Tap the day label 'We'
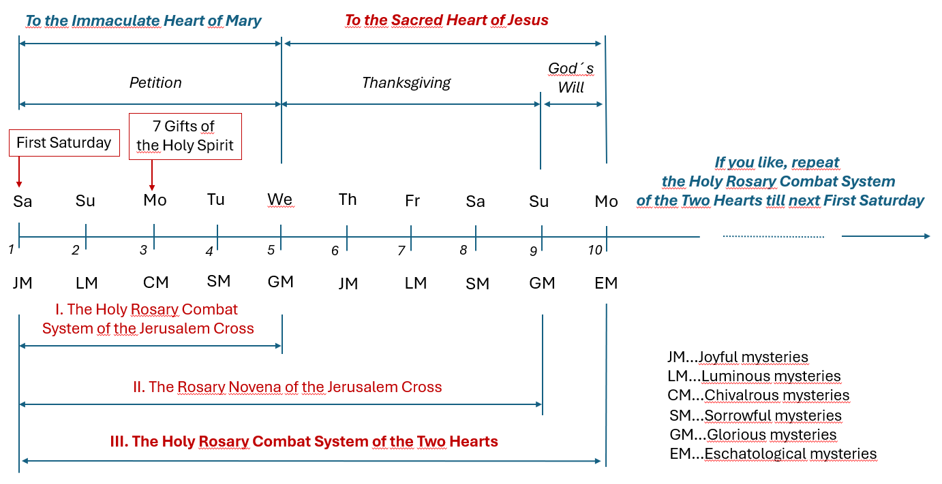(x=280, y=199)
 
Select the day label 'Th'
(x=348, y=199)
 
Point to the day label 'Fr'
(x=412, y=201)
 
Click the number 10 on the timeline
(x=595, y=251)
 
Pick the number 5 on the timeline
(x=271, y=251)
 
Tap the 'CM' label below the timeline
(x=155, y=283)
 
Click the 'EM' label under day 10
(x=606, y=283)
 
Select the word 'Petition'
(x=155, y=83)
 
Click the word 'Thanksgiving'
(x=406, y=83)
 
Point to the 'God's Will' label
(x=571, y=78)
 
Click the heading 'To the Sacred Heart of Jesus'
(x=446, y=20)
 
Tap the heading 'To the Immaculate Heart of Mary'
(x=143, y=20)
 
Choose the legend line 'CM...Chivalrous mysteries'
(x=758, y=396)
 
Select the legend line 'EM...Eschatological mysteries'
(x=773, y=454)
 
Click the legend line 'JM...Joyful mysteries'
(x=738, y=357)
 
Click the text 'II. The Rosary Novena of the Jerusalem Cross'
(x=287, y=387)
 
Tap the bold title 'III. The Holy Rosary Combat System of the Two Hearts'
(x=303, y=442)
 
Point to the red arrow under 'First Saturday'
(x=19, y=172)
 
